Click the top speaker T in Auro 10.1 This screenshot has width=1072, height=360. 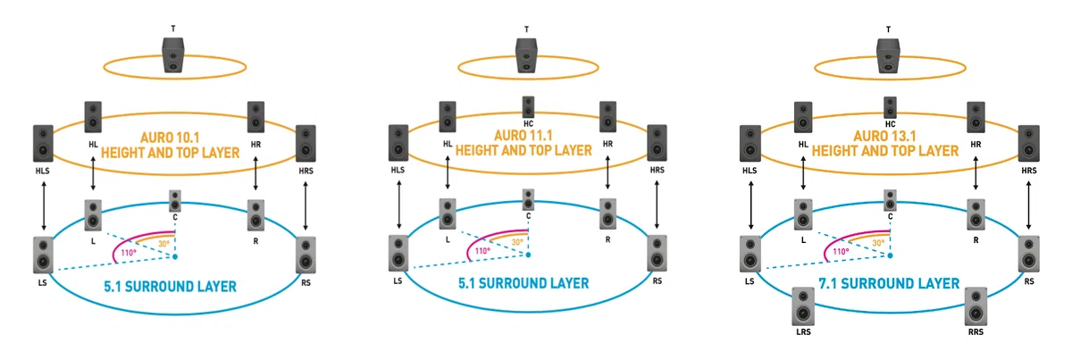coord(173,55)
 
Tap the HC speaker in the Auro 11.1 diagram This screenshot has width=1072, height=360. coord(528,107)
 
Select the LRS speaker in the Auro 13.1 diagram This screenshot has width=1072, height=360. coord(803,307)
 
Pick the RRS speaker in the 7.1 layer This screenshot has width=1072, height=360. coord(976,307)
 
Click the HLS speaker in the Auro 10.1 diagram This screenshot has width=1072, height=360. coord(43,144)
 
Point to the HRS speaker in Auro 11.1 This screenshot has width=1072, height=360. coord(657,143)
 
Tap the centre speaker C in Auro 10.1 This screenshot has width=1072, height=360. coord(175,201)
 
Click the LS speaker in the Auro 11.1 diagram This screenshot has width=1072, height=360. coord(398,254)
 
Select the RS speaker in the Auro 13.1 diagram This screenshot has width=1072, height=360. coord(1028,254)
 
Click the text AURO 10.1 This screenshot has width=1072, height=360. coord(170,138)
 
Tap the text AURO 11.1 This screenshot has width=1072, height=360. coord(523,136)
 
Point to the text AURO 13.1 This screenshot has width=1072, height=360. coord(885,136)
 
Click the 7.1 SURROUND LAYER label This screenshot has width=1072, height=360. coord(889,284)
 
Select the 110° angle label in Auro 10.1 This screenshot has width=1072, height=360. coord(129,253)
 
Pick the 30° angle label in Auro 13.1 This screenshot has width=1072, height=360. coord(879,243)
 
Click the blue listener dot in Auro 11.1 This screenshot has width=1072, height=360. coord(528,255)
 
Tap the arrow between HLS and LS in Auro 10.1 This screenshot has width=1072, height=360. coord(44,205)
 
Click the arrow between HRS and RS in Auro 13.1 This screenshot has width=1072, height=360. coord(1028,205)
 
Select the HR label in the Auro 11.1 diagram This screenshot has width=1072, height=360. coord(607,144)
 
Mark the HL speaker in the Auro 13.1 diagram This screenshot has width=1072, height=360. coord(803,117)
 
